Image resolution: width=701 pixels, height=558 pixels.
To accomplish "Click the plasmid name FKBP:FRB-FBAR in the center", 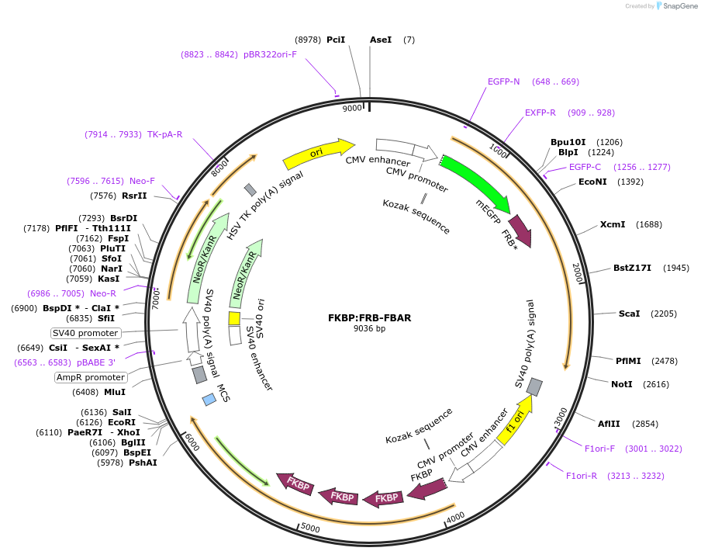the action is tap(369, 317).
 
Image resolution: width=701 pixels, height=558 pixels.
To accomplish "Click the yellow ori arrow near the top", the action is tap(318, 153).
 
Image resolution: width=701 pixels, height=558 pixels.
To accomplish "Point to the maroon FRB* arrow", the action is tap(521, 230).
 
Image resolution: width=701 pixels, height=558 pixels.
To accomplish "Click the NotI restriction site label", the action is tap(621, 384).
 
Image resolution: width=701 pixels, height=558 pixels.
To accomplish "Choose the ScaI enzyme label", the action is tap(629, 314).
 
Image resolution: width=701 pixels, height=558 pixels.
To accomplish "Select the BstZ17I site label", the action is tap(632, 268).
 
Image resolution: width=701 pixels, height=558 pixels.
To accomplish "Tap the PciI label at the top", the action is tap(336, 40).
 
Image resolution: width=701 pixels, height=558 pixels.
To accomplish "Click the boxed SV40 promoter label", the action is tap(85, 333).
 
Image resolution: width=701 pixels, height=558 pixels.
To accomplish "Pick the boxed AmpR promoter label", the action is tap(91, 377).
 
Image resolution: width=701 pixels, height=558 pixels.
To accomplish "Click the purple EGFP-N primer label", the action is tap(503, 81).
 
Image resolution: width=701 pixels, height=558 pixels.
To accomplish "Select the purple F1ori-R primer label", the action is tap(581, 476).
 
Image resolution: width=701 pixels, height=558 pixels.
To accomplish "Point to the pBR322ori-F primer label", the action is tap(270, 54).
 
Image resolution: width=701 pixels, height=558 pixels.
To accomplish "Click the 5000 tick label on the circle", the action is tap(310, 528).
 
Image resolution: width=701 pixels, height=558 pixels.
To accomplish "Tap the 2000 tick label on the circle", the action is tap(578, 273).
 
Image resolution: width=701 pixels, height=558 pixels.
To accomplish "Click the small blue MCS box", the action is tap(209, 400).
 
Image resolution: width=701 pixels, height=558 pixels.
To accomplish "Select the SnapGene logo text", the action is tap(680, 5).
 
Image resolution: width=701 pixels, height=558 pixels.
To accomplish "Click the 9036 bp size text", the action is tap(369, 328).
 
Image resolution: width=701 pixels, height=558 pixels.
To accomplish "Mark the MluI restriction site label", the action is tap(115, 392).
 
